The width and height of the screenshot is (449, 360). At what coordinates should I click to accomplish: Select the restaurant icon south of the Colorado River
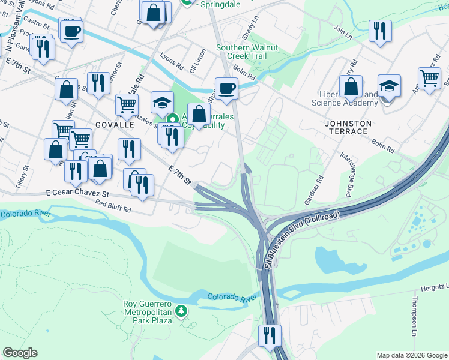[270, 334]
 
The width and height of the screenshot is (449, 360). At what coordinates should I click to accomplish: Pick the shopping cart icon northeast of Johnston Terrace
[429, 78]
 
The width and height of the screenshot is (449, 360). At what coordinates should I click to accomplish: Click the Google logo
[20, 353]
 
